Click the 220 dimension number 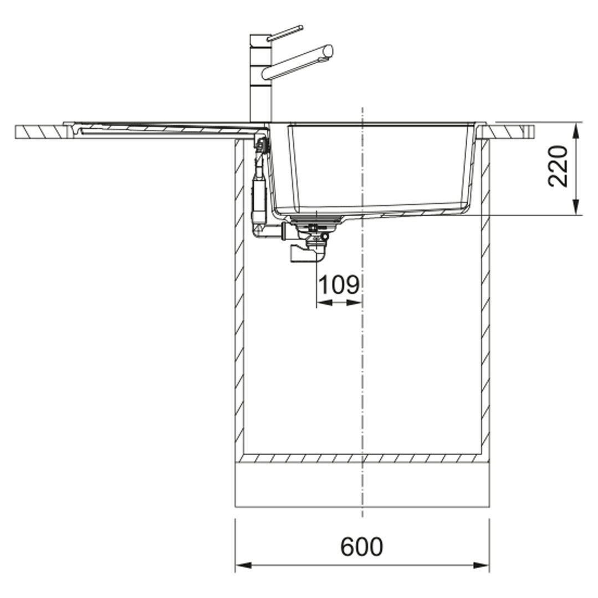(558, 166)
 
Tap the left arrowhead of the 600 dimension (243, 565)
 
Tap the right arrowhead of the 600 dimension (481, 565)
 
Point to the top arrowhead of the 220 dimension (576, 130)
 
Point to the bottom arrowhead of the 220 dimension (576, 207)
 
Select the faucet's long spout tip (328, 51)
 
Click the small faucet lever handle (285, 33)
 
